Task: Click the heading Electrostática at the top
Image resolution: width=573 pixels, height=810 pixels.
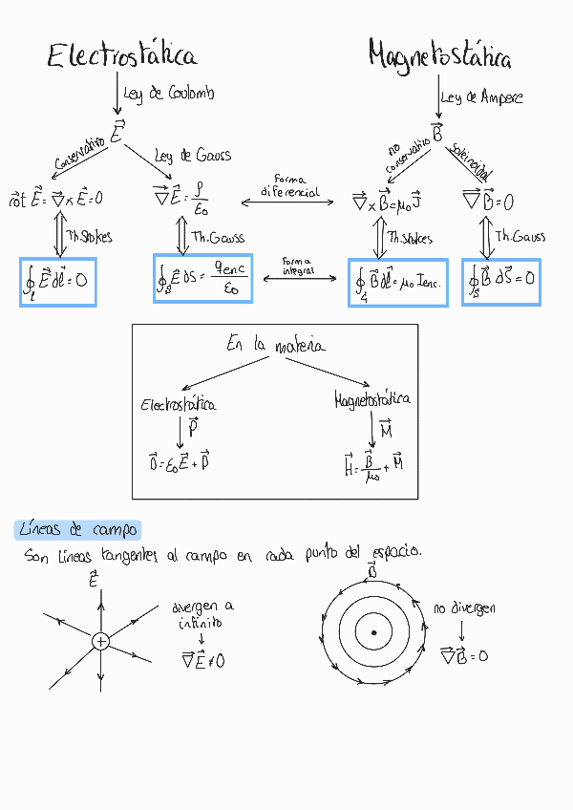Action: point(122,57)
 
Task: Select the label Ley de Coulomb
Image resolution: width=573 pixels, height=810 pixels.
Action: point(169,94)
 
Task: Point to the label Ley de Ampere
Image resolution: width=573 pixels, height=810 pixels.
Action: point(482,96)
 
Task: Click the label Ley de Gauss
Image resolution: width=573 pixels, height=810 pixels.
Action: point(192,156)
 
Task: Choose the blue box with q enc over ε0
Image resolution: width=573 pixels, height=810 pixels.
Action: point(202,278)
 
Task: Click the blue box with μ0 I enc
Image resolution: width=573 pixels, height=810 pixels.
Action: point(398,282)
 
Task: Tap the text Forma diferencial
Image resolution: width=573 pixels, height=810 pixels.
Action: point(288,185)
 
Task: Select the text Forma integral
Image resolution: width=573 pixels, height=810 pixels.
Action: point(297,266)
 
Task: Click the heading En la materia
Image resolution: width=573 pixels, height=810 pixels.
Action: point(275,345)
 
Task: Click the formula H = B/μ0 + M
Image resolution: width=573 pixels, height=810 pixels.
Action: point(372,466)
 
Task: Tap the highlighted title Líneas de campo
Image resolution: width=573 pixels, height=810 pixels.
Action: point(78,529)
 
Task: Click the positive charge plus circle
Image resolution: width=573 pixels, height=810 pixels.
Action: point(100,642)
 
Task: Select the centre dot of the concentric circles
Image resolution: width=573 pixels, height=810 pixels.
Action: point(373,632)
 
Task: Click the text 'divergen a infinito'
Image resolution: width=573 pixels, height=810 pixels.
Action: point(202,614)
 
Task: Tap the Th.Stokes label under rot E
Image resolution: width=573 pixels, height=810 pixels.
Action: point(89,236)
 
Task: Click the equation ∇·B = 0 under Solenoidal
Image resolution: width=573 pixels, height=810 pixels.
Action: point(488,202)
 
